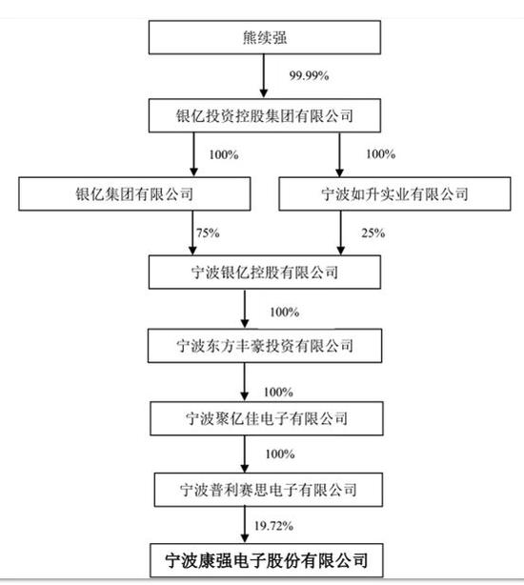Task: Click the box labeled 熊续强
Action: click(265, 37)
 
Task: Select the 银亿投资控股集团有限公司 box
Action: click(265, 115)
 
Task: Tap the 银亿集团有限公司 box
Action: click(134, 194)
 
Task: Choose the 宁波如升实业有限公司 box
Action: click(394, 194)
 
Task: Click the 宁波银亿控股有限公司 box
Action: click(265, 272)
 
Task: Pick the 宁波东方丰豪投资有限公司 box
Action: click(265, 346)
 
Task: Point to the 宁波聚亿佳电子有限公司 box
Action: click(267, 418)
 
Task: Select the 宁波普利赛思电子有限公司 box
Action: click(269, 490)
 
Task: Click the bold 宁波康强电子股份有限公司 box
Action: click(267, 560)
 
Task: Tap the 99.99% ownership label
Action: click(310, 75)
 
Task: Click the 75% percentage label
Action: click(208, 233)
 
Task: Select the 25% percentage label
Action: click(373, 233)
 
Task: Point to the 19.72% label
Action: click(273, 526)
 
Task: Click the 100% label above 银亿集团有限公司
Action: click(224, 155)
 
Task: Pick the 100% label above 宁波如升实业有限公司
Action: click(381, 154)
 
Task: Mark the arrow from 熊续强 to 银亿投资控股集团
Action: click(264, 76)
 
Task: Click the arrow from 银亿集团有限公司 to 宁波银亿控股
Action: click(192, 233)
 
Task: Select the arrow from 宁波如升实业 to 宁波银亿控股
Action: click(340, 233)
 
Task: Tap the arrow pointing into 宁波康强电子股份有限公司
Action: click(245, 525)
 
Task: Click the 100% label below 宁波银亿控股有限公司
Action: click(285, 312)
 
